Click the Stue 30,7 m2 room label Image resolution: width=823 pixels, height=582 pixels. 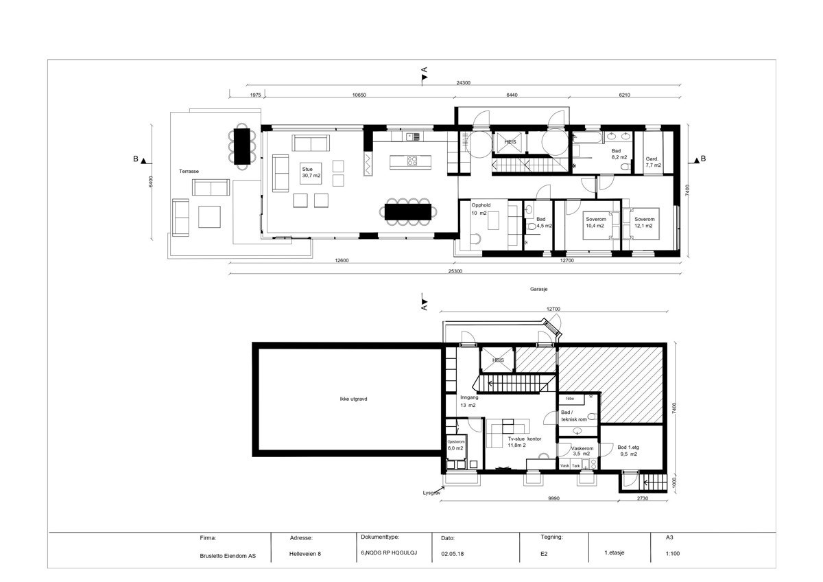[x=311, y=172]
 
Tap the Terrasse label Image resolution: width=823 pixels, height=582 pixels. [x=189, y=171]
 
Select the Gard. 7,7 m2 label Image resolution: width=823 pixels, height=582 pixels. [x=653, y=162]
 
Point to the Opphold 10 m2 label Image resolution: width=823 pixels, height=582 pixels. [x=479, y=209]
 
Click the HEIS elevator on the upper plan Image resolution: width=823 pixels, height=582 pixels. [x=510, y=142]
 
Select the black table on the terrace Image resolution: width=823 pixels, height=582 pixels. [x=242, y=145]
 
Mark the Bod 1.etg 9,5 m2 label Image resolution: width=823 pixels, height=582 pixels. [x=628, y=450]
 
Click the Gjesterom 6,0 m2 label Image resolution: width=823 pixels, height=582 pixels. [x=455, y=445]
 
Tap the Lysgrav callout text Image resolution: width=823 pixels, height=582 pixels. [x=431, y=493]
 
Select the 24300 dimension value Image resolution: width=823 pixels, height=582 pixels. [x=464, y=83]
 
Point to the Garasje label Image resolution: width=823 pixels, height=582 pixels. [x=538, y=290]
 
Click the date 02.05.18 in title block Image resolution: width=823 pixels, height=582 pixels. [x=453, y=553]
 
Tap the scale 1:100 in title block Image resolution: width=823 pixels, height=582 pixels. [x=672, y=553]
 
